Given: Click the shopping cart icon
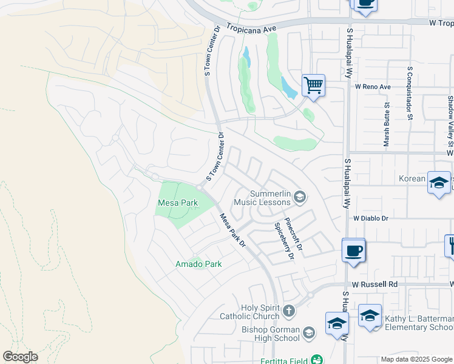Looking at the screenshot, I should coord(313,86).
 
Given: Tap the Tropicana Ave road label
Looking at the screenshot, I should coord(252,28).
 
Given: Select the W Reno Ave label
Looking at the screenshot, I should coord(373,87).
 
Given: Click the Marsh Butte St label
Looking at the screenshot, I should coord(386,124).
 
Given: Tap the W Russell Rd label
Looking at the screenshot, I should coord(374,284).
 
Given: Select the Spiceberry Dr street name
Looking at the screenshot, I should coord(284,241).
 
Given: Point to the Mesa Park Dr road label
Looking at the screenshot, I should coord(232,230).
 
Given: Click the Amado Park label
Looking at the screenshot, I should coord(198,264).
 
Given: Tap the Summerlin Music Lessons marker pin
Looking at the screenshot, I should coord(300,196).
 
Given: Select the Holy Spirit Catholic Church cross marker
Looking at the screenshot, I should coord(288,311).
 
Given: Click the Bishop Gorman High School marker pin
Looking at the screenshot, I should coord(309,332).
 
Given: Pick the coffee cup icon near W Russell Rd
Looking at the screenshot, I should coord(353,250).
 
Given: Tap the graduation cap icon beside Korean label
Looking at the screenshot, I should coord(439,183).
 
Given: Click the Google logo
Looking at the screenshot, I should coord(20,357).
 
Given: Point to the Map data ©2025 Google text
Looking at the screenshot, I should coord(416,359).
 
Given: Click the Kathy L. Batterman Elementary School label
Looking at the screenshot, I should coord(419,323).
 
